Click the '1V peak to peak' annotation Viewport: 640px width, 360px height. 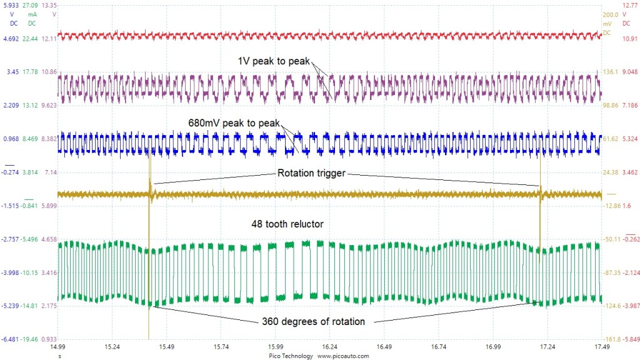tap(273, 61)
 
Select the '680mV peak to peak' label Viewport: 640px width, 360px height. tap(234, 122)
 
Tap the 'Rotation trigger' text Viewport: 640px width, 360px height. tap(311, 174)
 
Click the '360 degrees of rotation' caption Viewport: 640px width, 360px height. tap(312, 322)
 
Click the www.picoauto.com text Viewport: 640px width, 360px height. tap(343, 355)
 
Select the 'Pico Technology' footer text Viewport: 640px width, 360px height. tap(289, 355)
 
